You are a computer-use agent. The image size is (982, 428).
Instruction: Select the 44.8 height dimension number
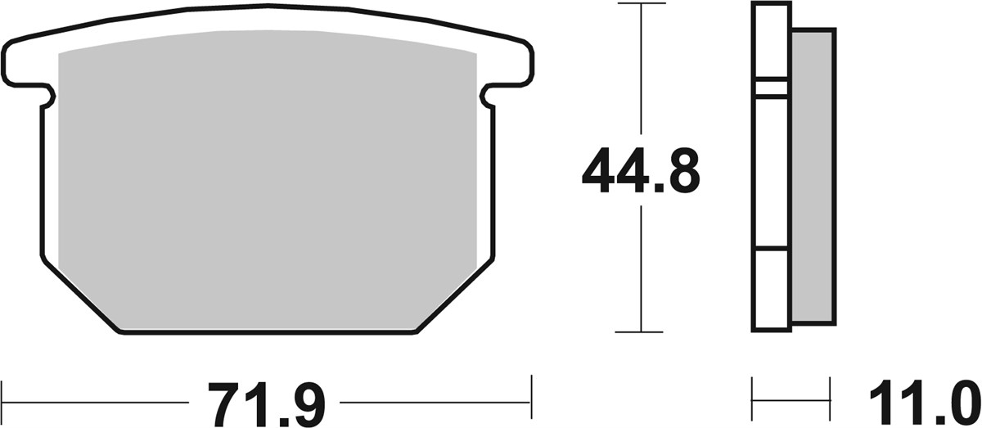(x=640, y=171)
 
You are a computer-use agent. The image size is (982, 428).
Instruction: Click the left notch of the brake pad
(x=48, y=97)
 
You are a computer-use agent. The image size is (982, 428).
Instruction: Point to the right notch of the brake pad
(x=489, y=97)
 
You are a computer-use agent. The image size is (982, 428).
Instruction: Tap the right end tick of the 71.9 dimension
(x=532, y=401)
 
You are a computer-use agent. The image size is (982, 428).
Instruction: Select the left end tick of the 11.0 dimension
(x=752, y=401)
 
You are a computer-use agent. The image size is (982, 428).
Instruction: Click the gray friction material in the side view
(x=813, y=176)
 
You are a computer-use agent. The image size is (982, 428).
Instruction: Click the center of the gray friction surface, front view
(x=267, y=180)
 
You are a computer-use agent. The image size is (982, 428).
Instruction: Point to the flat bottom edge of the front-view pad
(x=267, y=331)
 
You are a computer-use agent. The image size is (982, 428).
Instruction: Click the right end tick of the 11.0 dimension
(x=830, y=401)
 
